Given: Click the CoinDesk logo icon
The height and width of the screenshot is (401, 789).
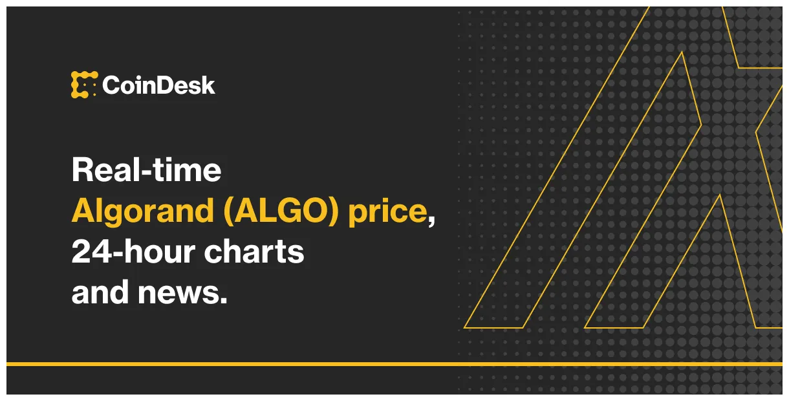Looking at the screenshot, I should click(84, 85).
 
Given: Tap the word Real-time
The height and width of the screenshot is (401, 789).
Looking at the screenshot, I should click(146, 170).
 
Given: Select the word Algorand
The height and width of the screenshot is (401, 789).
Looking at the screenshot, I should click(142, 211).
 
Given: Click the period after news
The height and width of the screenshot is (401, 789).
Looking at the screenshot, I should click(224, 301).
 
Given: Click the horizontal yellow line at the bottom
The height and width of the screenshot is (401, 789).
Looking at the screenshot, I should click(394, 364).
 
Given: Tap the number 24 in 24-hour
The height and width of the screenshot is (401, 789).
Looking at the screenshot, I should click(88, 252).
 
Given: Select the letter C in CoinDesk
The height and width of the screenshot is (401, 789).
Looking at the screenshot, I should click(111, 85).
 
